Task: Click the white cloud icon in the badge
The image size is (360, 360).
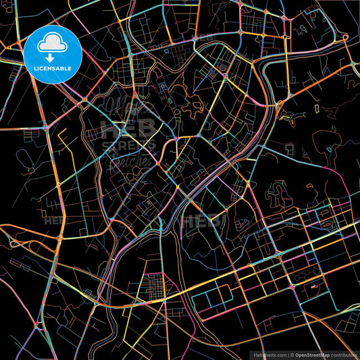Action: (52, 45)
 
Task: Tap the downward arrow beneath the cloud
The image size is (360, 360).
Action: (52, 59)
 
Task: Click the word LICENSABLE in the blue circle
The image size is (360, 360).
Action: (52, 69)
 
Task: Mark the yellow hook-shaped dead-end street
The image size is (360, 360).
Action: (62, 138)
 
